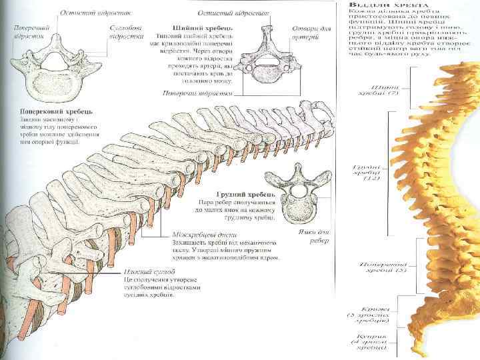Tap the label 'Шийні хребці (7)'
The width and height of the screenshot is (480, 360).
point(387,90)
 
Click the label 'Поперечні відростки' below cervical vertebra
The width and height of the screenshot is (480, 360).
point(197,93)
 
